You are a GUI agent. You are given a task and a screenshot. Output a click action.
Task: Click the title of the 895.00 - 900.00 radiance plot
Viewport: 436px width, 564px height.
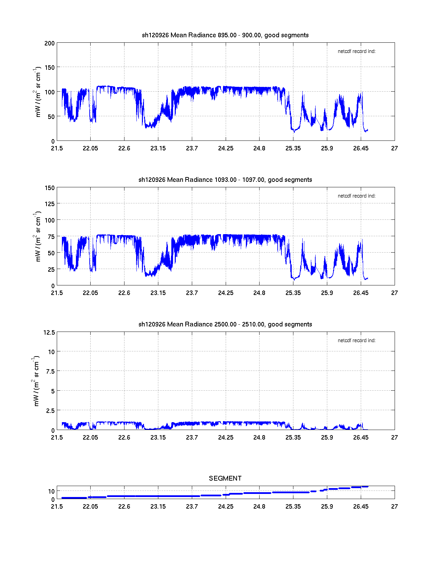coord(225,35)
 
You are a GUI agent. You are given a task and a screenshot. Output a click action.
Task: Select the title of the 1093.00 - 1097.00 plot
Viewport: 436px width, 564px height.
coord(225,180)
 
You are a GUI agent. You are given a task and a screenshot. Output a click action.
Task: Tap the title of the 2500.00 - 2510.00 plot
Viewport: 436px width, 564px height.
coord(225,324)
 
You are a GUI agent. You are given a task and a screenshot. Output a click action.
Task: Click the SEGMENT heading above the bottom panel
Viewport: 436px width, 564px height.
coord(225,478)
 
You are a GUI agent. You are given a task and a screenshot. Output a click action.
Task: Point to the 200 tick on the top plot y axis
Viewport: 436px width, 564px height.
coord(50,43)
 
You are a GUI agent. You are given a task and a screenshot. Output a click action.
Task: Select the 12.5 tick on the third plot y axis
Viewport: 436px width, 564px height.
coord(49,333)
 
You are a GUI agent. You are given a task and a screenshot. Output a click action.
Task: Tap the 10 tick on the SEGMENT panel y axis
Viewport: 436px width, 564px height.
coord(51,492)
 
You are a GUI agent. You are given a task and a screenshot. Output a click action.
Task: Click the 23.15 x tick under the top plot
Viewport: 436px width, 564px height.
coord(158,148)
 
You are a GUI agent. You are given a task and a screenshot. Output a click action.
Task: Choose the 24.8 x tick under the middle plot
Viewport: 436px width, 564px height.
coord(259,293)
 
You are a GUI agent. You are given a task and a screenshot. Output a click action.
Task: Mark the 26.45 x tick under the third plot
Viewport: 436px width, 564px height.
coord(361,438)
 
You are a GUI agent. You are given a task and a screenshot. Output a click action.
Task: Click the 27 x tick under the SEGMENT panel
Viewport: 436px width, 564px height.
coord(394,507)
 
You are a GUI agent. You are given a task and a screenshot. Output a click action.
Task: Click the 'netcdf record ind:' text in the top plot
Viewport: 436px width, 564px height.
coord(356,52)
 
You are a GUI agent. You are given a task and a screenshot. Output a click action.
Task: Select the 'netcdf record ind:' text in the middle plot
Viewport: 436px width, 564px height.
coord(356,196)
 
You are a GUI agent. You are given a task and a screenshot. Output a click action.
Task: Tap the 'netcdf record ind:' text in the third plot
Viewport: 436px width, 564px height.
coord(356,341)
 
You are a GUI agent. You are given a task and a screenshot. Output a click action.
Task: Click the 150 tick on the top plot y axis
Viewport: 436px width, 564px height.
coord(50,68)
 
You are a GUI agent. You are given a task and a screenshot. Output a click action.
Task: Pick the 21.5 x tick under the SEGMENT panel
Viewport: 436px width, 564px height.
coord(57,507)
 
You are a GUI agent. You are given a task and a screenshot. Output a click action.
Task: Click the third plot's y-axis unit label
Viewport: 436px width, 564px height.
coord(36,381)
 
